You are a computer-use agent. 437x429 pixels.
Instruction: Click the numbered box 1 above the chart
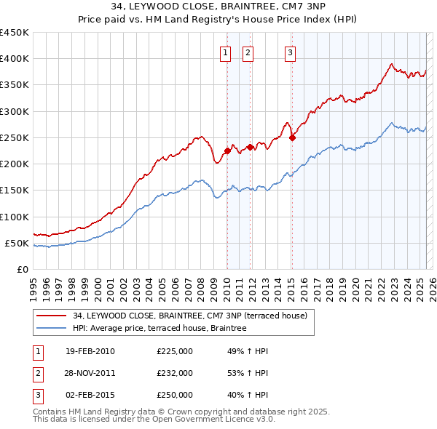[225, 52]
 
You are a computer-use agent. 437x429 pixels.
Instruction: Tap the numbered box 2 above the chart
[248, 52]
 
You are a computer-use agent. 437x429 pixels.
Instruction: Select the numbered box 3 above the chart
[290, 52]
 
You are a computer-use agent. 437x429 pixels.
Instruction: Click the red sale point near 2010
[227, 151]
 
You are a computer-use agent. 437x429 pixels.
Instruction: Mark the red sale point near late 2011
[250, 147]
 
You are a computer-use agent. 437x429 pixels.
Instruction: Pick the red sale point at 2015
[291, 137]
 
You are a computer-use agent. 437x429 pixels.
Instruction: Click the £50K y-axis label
[17, 243]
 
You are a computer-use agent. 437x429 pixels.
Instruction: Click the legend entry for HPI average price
[160, 329]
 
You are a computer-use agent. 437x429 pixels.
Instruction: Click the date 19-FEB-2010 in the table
[90, 351]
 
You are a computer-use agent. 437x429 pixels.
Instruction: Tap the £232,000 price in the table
[175, 373]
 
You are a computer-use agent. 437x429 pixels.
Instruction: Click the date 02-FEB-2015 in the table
[90, 395]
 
